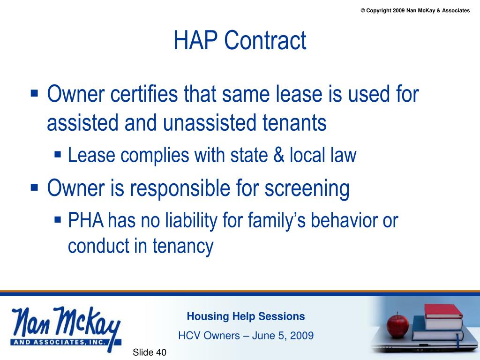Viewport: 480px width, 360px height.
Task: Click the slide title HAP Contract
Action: coord(240,41)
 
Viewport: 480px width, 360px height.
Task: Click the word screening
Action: coord(307,188)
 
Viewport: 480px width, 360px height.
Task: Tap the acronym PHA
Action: coord(86,221)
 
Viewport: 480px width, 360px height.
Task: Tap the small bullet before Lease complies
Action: coord(58,154)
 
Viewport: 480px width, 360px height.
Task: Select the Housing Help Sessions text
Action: coord(246,316)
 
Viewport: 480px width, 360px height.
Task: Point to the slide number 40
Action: coord(161,352)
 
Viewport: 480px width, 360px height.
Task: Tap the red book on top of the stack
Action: coord(442,311)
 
